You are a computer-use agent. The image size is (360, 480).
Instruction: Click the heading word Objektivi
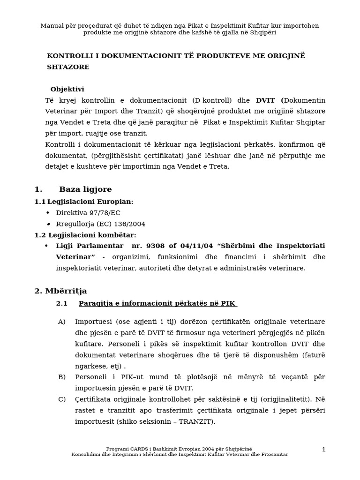(x=67, y=89)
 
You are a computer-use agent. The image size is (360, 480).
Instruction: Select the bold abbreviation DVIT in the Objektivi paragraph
(x=266, y=100)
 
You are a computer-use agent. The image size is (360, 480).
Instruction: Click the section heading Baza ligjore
(x=85, y=189)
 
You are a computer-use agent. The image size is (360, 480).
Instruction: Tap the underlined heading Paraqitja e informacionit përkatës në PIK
(x=157, y=303)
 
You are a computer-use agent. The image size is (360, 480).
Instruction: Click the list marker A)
(x=62, y=322)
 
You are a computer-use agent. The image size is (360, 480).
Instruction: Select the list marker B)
(x=62, y=377)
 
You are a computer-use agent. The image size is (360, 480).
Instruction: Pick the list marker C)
(x=62, y=399)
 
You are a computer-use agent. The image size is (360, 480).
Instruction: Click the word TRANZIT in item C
(x=197, y=421)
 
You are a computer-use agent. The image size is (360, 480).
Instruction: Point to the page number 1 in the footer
(x=323, y=450)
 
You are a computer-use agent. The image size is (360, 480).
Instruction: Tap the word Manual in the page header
(x=52, y=26)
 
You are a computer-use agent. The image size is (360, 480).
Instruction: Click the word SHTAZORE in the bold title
(x=68, y=67)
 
